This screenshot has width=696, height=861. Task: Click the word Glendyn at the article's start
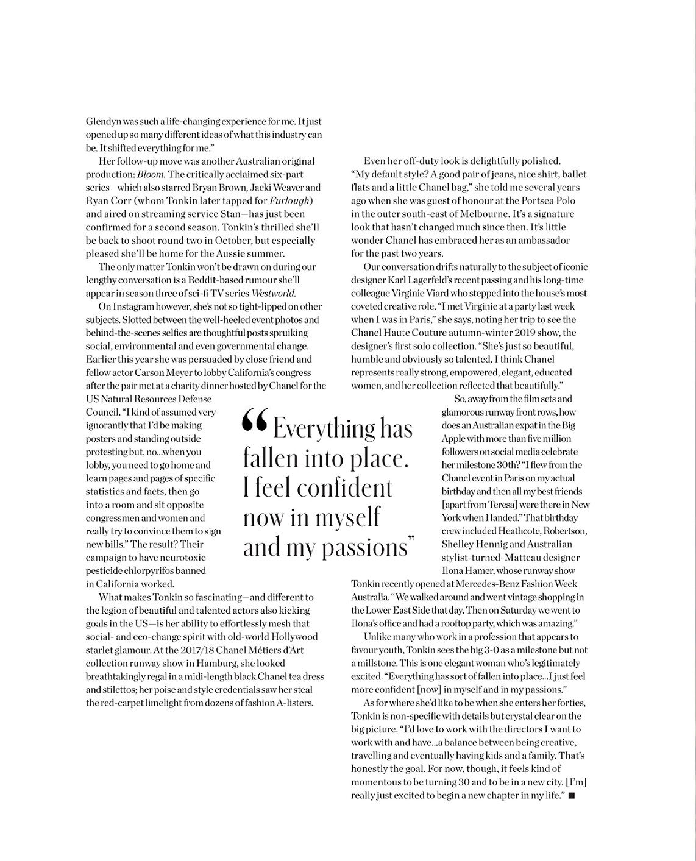103,121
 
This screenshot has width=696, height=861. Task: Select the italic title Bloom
151,174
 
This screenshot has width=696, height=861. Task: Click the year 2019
513,333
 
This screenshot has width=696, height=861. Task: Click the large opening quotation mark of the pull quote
254,422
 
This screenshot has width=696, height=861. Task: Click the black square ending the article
571,796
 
